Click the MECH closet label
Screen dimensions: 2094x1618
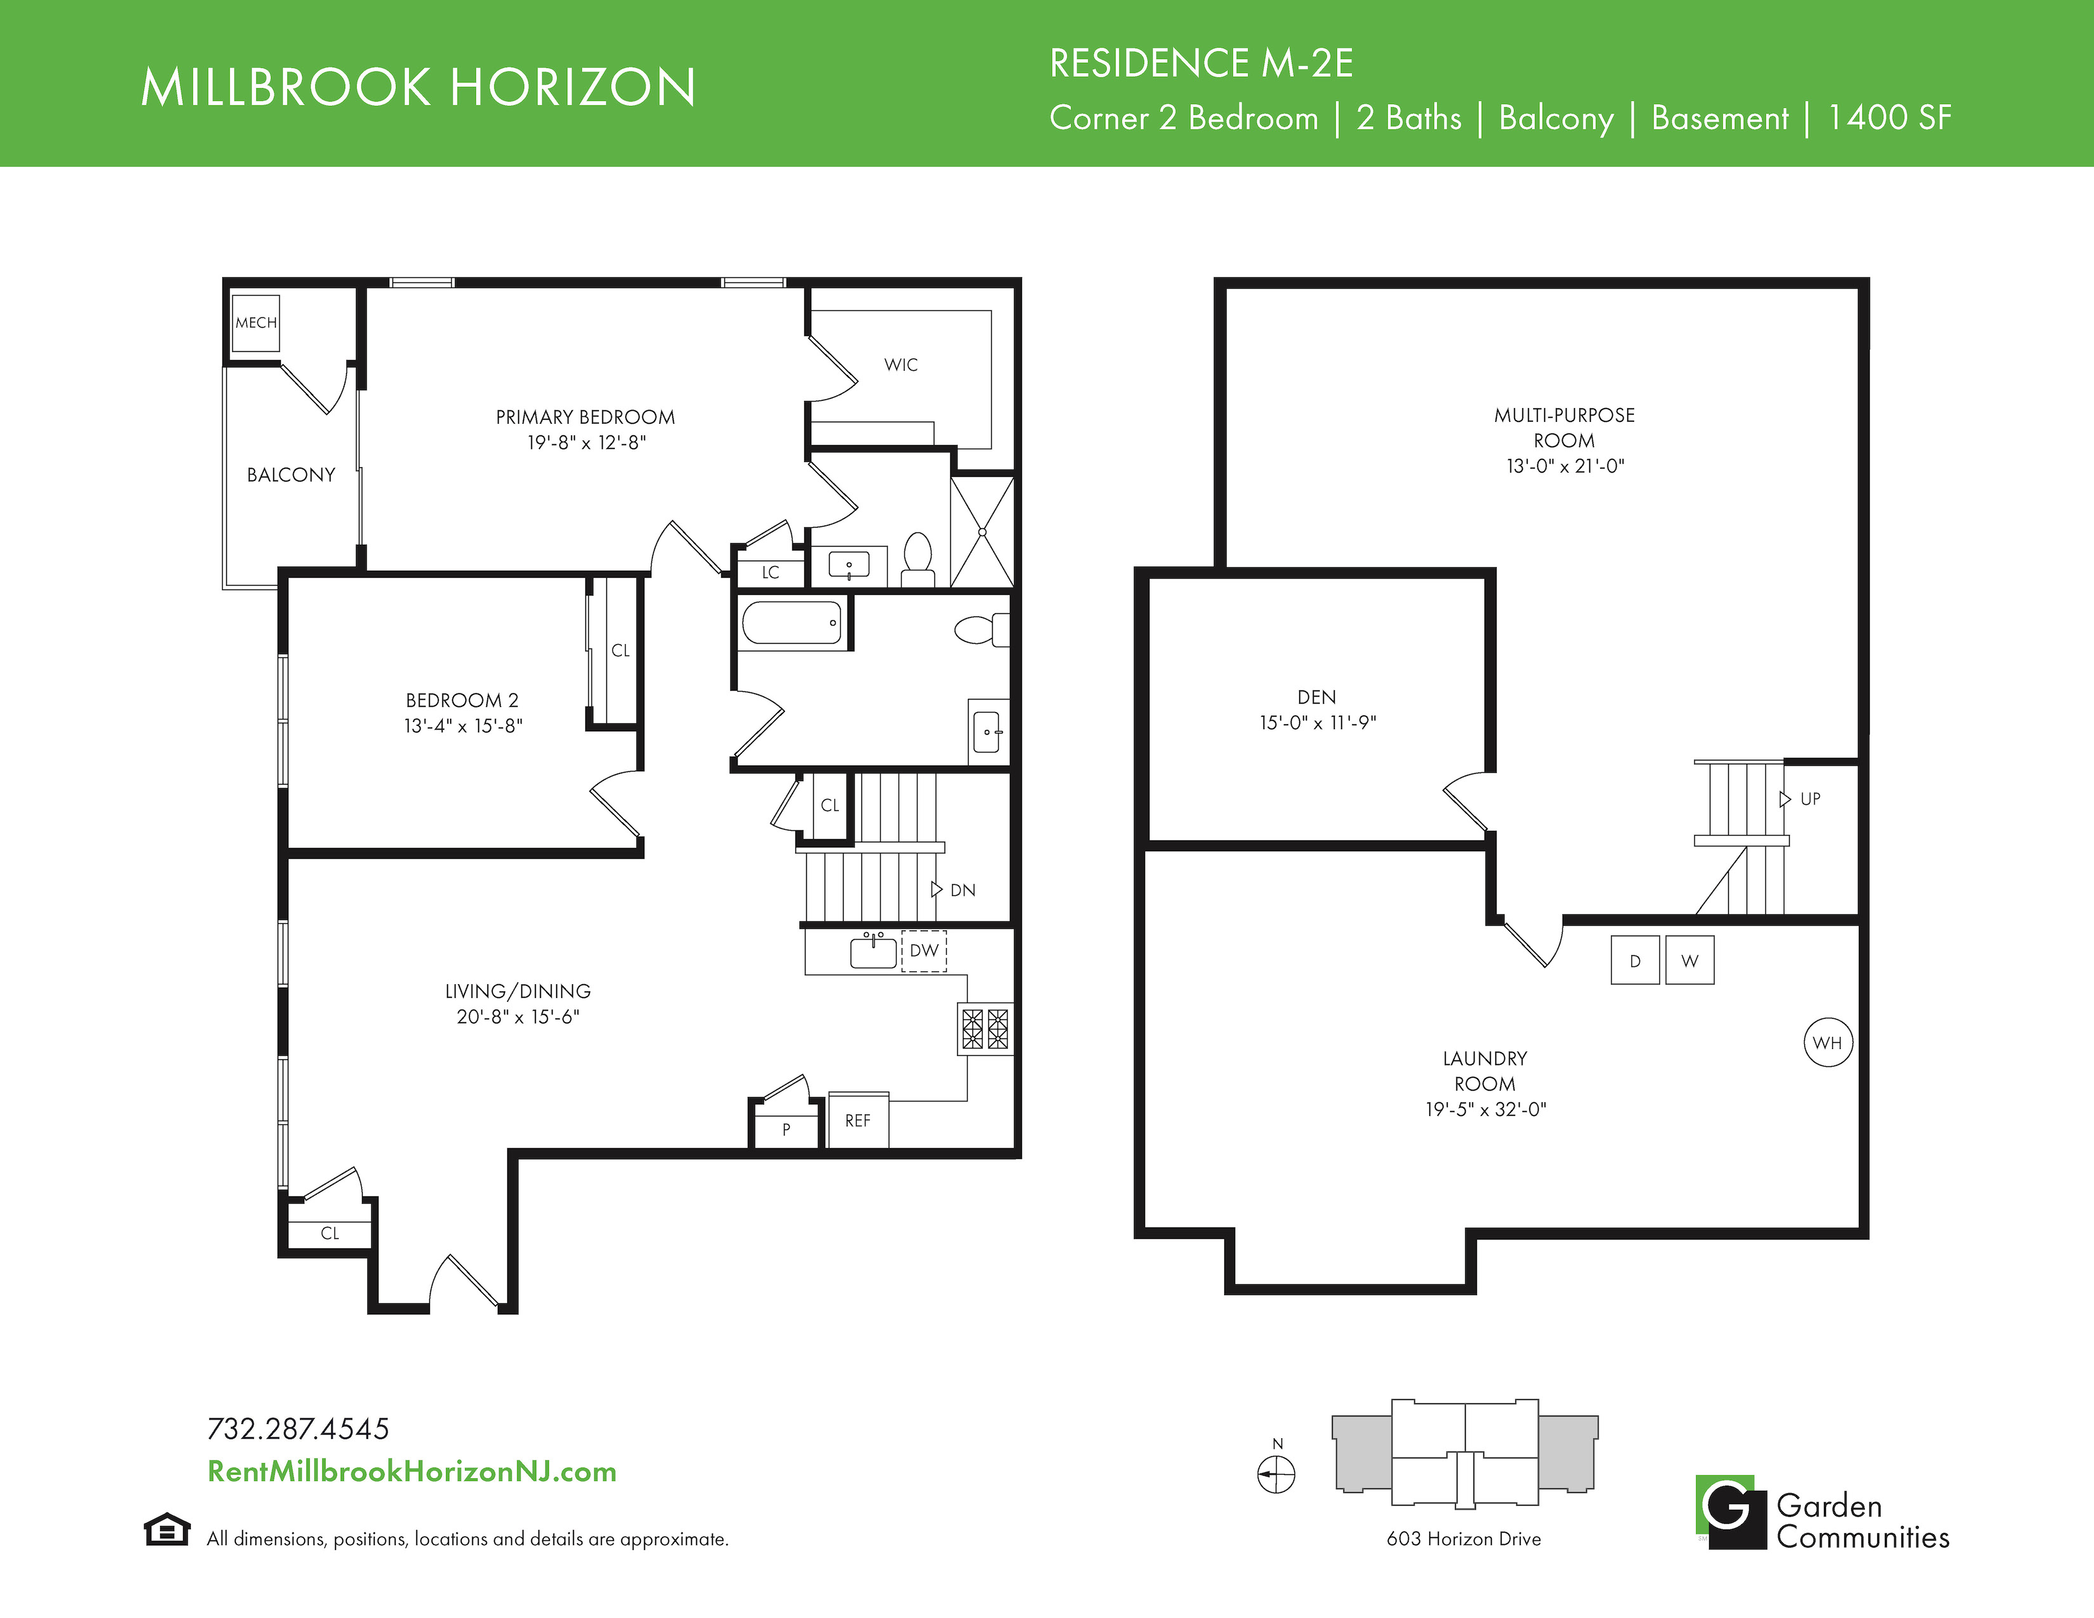256,323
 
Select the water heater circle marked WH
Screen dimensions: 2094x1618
1827,1043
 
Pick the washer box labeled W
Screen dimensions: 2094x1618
1689,961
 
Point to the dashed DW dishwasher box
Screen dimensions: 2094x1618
923,951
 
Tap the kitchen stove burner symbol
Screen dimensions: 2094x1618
985,1029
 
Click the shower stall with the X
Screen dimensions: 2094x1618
982,532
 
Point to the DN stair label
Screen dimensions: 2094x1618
963,890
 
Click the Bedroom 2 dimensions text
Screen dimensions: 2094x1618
463,727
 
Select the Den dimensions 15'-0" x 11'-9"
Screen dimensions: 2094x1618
1317,723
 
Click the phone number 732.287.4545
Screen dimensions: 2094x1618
298,1429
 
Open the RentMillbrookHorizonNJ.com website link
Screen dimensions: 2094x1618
412,1471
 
